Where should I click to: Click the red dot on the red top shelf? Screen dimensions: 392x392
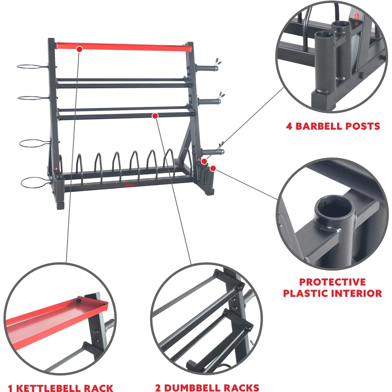[x=79, y=49]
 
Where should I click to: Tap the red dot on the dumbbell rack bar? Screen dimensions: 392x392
[x=155, y=115]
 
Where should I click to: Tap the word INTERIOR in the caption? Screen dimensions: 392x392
[x=357, y=293]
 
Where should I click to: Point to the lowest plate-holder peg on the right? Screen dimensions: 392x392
[x=212, y=151]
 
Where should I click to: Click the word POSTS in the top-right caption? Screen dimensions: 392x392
[x=364, y=126]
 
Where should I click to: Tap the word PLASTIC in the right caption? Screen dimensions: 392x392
[x=306, y=293]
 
